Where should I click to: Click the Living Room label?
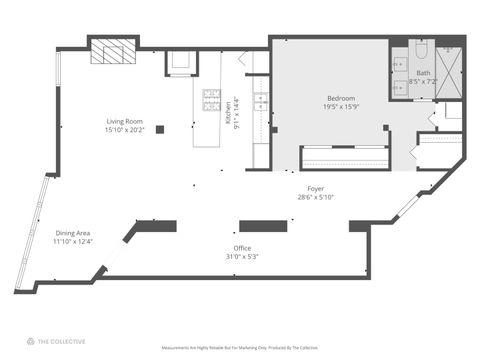pyautogui.click(x=126, y=122)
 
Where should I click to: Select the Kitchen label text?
pyautogui.click(x=229, y=111)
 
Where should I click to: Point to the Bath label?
pyautogui.click(x=424, y=73)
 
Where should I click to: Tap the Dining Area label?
pyautogui.click(x=72, y=233)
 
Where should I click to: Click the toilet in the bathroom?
pyautogui.click(x=421, y=49)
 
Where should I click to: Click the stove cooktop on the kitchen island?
pyautogui.click(x=212, y=99)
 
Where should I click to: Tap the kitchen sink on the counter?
pyautogui.click(x=260, y=101)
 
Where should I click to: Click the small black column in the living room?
pyautogui.click(x=160, y=127)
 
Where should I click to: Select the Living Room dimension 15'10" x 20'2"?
pyautogui.click(x=126, y=130)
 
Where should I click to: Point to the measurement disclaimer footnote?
pyautogui.click(x=240, y=348)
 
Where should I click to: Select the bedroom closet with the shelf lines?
pyautogui.click(x=345, y=158)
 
